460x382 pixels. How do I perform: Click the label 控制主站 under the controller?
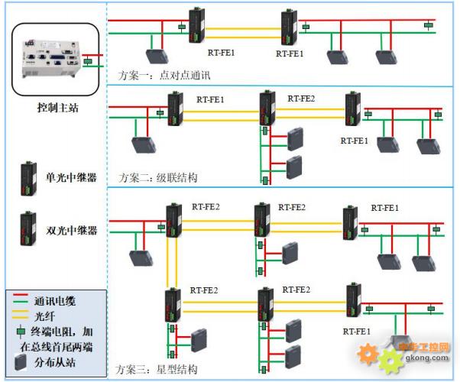point(57,108)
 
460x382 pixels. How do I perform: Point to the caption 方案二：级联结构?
point(158,177)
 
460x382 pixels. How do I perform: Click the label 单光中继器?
point(72,178)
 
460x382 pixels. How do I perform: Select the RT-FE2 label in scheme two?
point(300,99)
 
